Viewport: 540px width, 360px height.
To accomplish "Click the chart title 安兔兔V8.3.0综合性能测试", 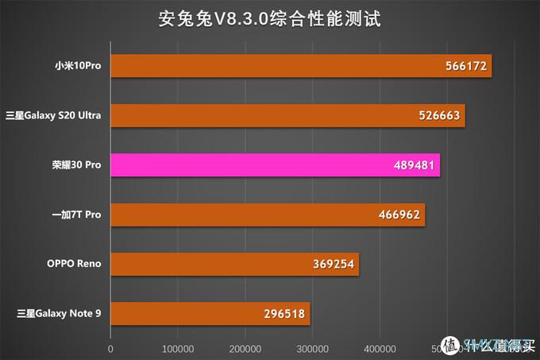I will pyautogui.click(x=269, y=17).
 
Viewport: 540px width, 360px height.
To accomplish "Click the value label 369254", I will pyautogui.click(x=334, y=264).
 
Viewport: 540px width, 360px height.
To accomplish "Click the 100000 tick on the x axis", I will pyautogui.click(x=178, y=348).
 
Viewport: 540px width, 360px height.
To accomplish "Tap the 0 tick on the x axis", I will pyautogui.click(x=110, y=348).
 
